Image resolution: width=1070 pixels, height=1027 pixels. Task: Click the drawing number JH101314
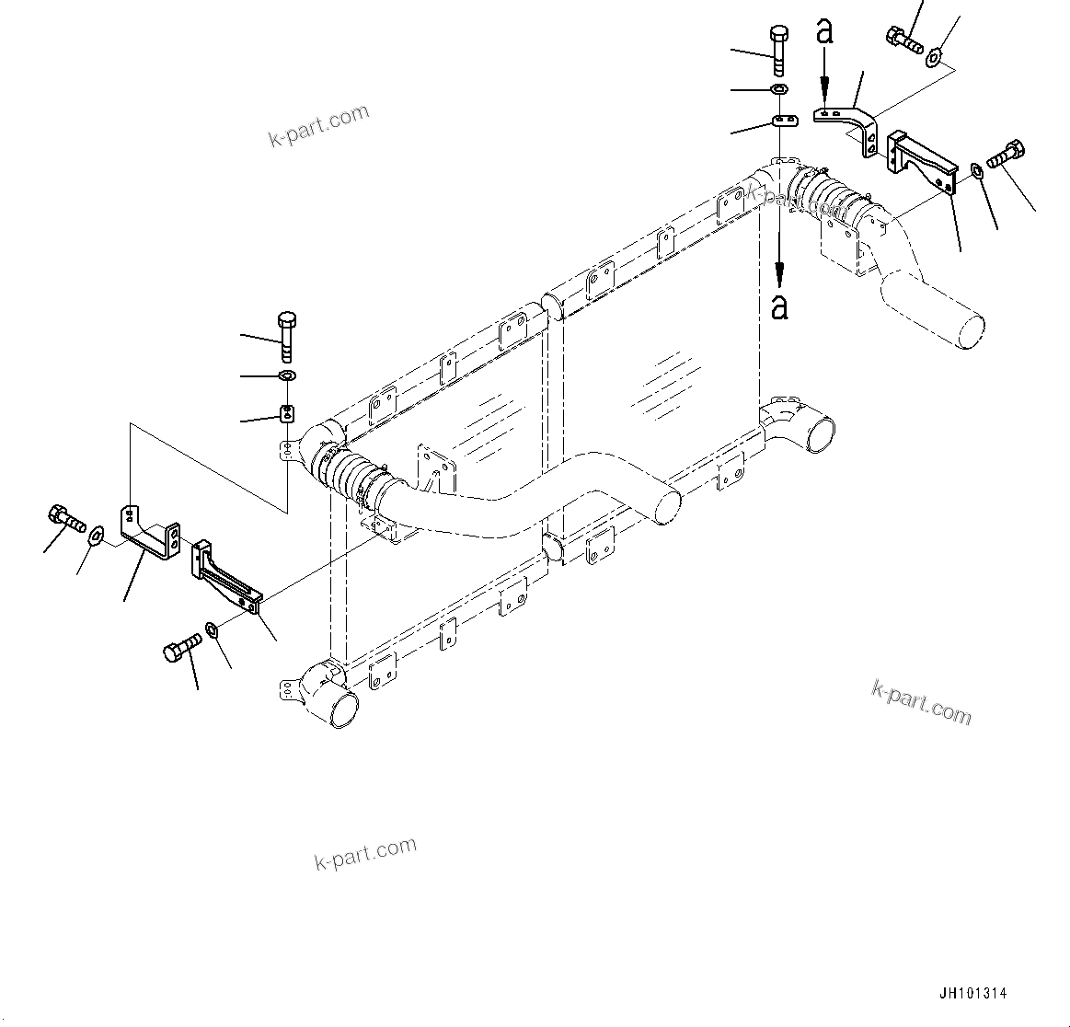[x=972, y=994]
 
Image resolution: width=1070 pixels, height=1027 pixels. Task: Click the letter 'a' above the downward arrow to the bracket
[x=825, y=32]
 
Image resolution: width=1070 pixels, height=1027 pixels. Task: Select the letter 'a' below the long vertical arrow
[x=780, y=306]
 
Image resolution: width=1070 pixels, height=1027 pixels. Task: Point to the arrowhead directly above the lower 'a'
[x=780, y=272]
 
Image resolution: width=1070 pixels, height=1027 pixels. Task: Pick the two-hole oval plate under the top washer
[x=781, y=121]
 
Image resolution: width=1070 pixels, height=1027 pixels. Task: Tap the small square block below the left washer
[x=286, y=412]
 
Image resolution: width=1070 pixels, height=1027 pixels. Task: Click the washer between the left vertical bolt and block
[x=286, y=375]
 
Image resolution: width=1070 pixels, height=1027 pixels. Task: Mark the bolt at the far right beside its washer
[x=1007, y=153]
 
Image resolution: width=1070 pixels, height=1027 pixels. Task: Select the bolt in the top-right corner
[x=904, y=39]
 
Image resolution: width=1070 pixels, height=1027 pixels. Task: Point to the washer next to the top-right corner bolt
[x=933, y=58]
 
